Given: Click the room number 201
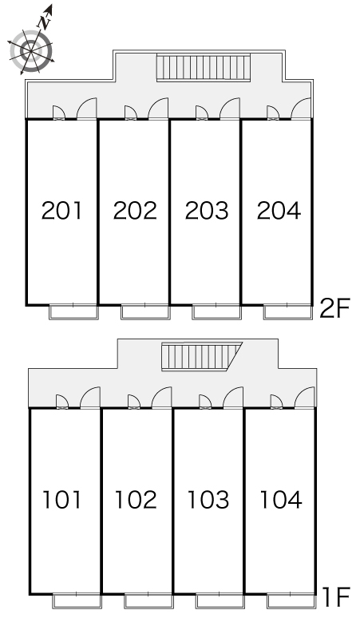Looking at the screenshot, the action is click(61, 211).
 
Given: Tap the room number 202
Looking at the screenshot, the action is click(135, 211).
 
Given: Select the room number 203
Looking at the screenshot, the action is click(207, 211).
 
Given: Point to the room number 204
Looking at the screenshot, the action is click(279, 211).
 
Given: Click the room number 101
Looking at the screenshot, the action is click(61, 499).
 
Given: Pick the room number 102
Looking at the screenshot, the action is click(136, 499).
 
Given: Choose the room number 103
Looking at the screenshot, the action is click(208, 499).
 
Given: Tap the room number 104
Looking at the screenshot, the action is click(281, 499).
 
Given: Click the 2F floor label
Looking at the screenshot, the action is click(334, 308).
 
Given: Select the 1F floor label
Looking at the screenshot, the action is click(336, 596).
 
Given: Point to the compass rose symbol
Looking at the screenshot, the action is click(30, 50).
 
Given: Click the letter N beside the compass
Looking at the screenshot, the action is click(45, 22).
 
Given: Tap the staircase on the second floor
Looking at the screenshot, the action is click(204, 67).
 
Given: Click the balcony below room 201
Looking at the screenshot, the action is click(73, 311).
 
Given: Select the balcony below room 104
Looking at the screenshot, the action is click(291, 600).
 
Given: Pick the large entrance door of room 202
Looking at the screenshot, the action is click(158, 108).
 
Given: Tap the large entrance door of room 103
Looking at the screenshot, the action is click(233, 398).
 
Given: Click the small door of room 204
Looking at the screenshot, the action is click(272, 113).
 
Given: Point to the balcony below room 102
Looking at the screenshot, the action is click(149, 600).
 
